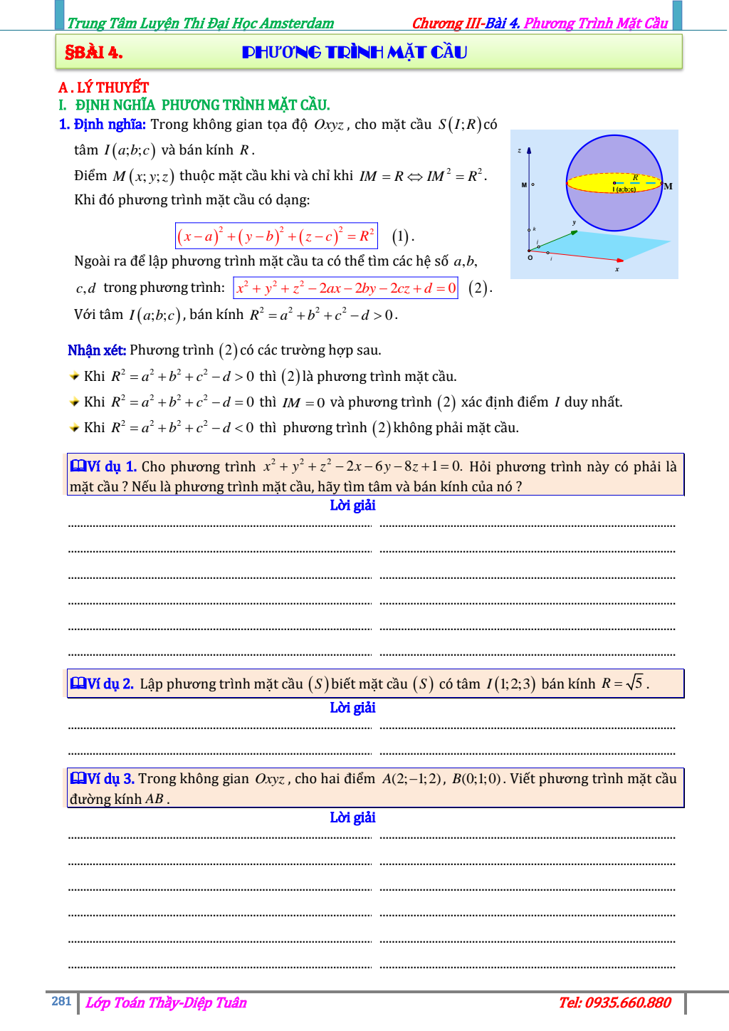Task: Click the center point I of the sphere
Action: tap(614, 183)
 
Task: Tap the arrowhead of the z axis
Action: tap(529, 151)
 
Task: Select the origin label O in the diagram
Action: tap(530, 258)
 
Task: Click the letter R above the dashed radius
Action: tap(635, 177)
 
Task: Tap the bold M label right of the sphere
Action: tap(668, 187)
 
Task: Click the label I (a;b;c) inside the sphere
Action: tap(624, 189)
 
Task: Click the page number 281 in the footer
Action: tap(61, 1001)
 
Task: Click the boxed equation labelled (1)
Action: tap(276, 236)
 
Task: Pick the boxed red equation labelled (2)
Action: tap(346, 288)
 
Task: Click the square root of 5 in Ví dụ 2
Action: tap(635, 683)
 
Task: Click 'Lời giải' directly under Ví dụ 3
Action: tap(352, 817)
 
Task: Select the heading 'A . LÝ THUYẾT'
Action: tap(104, 88)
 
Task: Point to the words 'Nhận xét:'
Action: tap(97, 350)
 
